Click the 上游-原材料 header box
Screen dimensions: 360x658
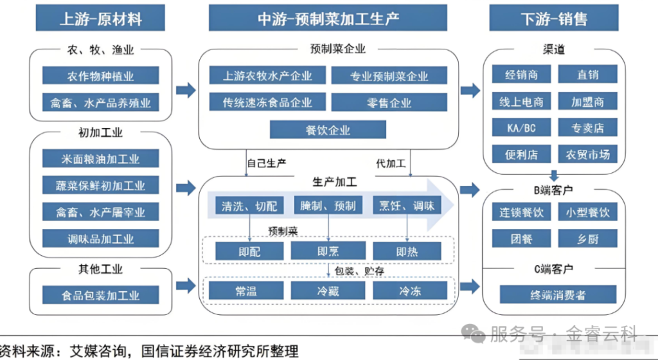[x=101, y=19]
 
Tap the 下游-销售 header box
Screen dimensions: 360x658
[x=554, y=19]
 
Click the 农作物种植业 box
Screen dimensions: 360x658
[x=101, y=76]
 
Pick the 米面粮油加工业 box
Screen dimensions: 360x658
[x=101, y=159]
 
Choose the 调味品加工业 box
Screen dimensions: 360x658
[x=101, y=239]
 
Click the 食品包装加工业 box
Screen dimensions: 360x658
[x=101, y=296]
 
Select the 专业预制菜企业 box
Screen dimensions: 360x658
[x=389, y=76]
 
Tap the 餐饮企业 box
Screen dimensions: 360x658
[x=328, y=130]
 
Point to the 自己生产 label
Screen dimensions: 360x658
[x=266, y=164]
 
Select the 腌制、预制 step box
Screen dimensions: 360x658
[x=328, y=206]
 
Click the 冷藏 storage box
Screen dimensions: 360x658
[x=328, y=291]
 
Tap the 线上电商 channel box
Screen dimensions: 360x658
[x=521, y=102]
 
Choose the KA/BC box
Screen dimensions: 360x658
[x=521, y=128]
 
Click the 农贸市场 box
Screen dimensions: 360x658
[x=587, y=154]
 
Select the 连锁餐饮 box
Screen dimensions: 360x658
[x=521, y=212]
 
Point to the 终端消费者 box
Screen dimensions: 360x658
[x=554, y=296]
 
